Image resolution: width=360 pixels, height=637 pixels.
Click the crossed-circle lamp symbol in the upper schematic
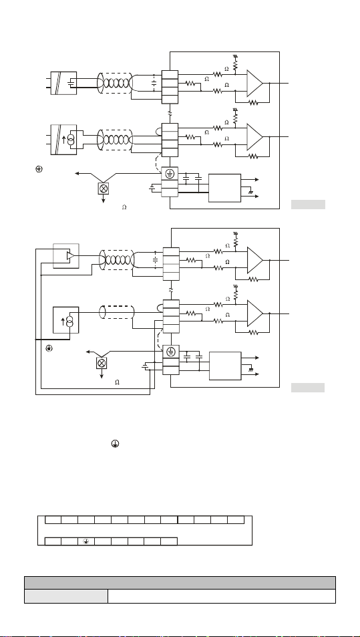coord(103,188)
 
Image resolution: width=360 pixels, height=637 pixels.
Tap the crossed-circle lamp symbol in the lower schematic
coord(102,363)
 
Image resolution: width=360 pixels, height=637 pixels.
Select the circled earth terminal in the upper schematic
coord(170,174)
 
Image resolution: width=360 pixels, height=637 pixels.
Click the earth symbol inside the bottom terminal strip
coord(86,541)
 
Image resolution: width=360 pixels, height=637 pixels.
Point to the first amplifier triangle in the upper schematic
coord(255,84)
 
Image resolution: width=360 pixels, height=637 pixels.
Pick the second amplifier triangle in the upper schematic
coord(255,137)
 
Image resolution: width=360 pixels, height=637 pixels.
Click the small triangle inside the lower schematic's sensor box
coord(71,255)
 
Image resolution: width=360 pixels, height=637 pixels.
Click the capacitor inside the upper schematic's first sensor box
coord(72,84)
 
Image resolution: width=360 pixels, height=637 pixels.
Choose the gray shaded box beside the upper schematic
coord(308,205)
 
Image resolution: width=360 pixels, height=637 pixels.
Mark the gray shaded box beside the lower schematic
coord(308,388)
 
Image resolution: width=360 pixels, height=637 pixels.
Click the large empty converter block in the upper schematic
coord(225,188)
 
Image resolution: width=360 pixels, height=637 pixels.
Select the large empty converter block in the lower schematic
coord(225,366)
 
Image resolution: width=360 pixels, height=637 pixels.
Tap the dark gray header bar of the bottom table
coord(180,583)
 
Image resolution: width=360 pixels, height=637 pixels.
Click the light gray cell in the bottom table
coord(66,596)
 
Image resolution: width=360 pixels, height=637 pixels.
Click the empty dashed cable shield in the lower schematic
coord(118,312)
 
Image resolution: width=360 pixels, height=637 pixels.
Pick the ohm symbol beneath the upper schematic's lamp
coord(124,207)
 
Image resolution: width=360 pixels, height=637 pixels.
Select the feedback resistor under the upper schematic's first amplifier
coord(254,103)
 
